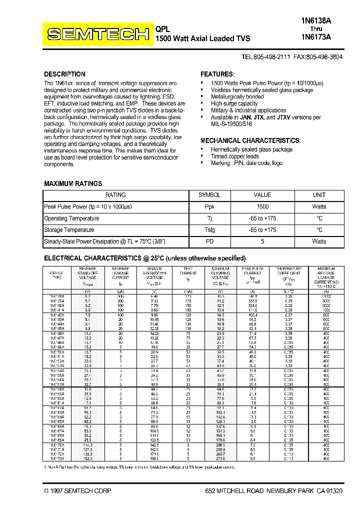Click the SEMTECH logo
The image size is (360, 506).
pos(98,34)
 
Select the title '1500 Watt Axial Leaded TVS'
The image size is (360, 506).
pos(202,38)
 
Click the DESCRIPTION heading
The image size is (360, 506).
pos(64,74)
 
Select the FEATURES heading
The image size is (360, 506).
pos(217,74)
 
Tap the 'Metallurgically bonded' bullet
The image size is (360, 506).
pos(237,96)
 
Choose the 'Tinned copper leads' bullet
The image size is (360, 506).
pos(235,156)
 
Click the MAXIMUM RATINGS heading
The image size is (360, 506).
pos(73,183)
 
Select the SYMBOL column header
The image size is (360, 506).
pos(209,195)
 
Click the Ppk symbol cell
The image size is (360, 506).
pos(209,206)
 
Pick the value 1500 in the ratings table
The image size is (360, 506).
pos(262,206)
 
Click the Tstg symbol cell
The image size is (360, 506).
pos(209,230)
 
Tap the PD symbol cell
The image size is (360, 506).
pos(209,241)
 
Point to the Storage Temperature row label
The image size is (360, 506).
pos(69,230)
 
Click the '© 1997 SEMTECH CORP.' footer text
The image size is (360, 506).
pos(78,491)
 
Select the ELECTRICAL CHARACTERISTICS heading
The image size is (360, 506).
pos(145,258)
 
